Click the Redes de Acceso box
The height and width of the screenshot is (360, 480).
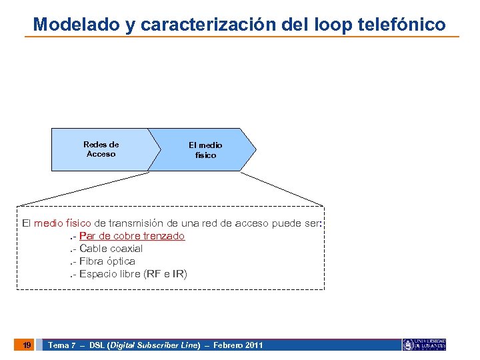[x=101, y=149]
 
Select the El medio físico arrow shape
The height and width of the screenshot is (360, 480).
[x=205, y=150]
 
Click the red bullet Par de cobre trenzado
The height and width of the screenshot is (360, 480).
[x=131, y=236]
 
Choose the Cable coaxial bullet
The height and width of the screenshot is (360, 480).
[x=111, y=249]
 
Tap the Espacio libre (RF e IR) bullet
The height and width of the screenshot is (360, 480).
[x=133, y=274]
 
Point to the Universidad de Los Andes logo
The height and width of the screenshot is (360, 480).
[x=424, y=344]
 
